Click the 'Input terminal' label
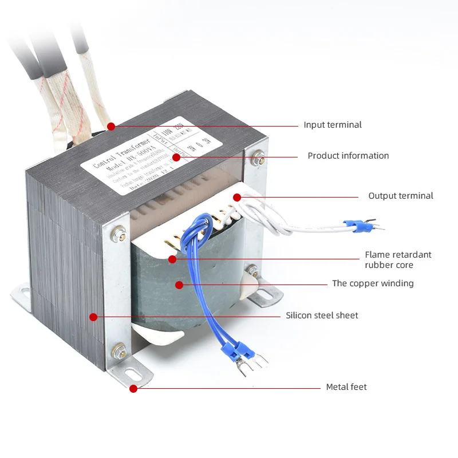(332, 125)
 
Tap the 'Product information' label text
(348, 156)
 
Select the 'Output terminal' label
(400, 196)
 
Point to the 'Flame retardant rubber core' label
(398, 260)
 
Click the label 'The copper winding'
(373, 283)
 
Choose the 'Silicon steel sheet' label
(322, 315)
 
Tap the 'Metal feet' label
(346, 387)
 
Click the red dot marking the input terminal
(111, 126)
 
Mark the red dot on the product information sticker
(176, 156)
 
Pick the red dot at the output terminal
(237, 197)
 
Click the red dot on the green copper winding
(179, 285)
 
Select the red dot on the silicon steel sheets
(93, 316)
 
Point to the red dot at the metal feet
(133, 388)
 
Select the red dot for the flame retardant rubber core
(172, 259)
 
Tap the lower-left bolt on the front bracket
(120, 349)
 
